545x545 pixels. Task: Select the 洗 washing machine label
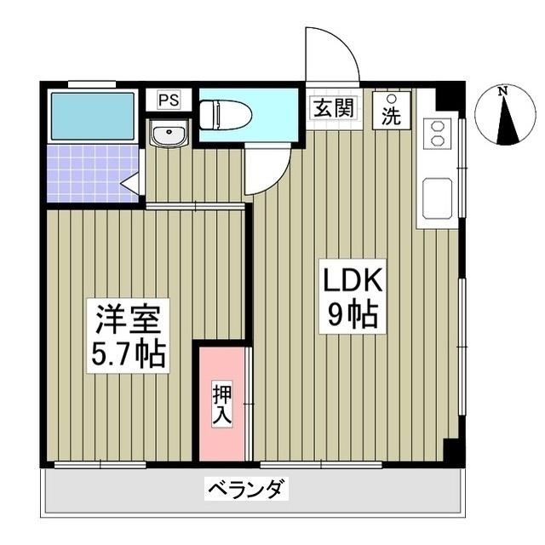391,117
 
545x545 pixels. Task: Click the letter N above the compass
503,89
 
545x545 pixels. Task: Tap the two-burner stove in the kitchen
437,133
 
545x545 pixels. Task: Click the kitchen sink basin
437,198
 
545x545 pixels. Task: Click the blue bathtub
92,115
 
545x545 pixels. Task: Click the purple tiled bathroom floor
85,175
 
